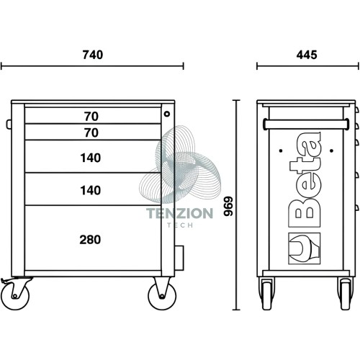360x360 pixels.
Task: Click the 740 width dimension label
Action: [x=93, y=55]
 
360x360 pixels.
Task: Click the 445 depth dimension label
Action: [x=307, y=55]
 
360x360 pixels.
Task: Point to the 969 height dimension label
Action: [x=228, y=206]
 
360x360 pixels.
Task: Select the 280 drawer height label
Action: [x=90, y=240]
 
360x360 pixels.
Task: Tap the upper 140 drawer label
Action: [x=90, y=158]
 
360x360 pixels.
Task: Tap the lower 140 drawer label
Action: [x=90, y=191]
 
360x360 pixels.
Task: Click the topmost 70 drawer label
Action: [x=91, y=117]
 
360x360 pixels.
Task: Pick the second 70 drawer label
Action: [x=91, y=132]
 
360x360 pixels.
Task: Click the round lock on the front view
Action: [x=167, y=114]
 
